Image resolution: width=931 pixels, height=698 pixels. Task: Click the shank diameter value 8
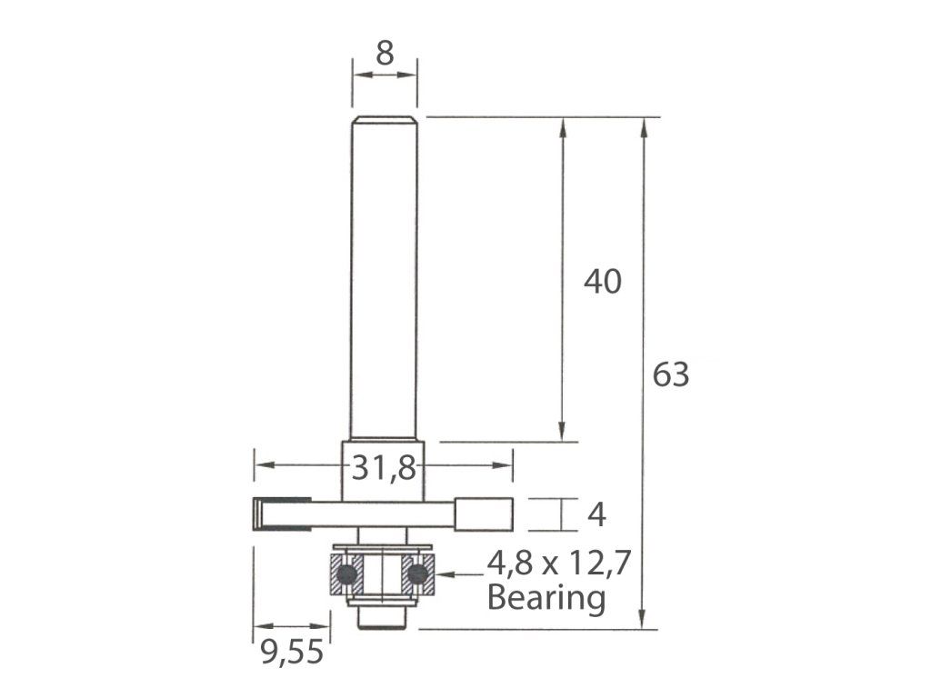385,54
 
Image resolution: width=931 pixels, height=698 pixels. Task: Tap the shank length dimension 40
603,282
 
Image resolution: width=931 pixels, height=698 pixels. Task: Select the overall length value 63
671,374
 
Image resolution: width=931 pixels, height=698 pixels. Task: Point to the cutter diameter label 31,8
384,468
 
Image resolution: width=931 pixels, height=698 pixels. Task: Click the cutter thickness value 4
596,514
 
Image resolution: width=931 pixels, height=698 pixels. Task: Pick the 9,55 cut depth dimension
292,653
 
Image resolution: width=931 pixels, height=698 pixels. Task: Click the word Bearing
546,598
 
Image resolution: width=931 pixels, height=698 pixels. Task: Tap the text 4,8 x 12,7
558,563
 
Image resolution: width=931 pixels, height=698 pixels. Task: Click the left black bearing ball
346,574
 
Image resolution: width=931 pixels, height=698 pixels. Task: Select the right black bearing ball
418,574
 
